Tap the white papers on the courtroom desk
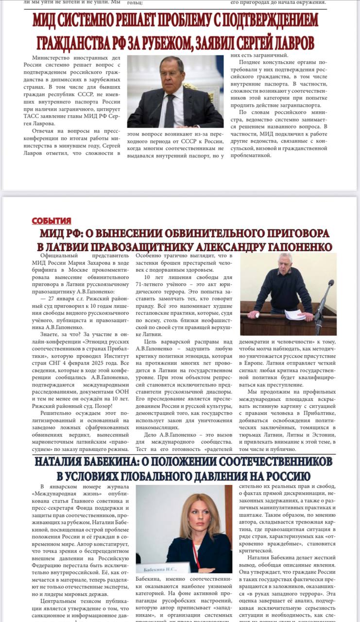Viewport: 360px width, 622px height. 294,314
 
